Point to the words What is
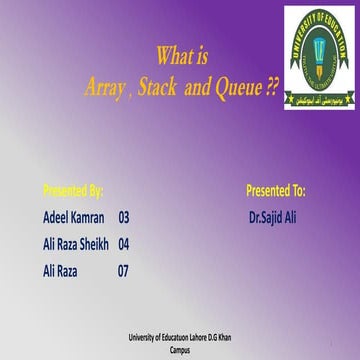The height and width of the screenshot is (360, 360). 182,57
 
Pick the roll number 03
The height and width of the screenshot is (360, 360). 124,216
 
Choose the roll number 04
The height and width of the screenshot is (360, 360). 124,243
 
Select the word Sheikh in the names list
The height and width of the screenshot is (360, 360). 94,243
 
